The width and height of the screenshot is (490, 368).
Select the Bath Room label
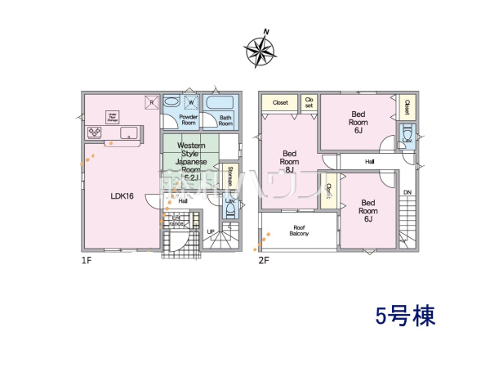pos(225,121)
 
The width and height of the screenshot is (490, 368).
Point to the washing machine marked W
pos(191,103)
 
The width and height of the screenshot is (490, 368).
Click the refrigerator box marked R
pos(150,102)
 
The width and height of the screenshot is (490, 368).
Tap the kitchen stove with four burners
pos(94,132)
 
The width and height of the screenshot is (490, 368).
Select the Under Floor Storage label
pos(114,118)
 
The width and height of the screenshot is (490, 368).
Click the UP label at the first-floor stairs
pos(211,231)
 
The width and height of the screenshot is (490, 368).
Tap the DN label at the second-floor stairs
pos(408,192)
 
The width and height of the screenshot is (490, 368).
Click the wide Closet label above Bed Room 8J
pos(280,103)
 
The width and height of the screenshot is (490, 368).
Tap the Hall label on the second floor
pos(370,162)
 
